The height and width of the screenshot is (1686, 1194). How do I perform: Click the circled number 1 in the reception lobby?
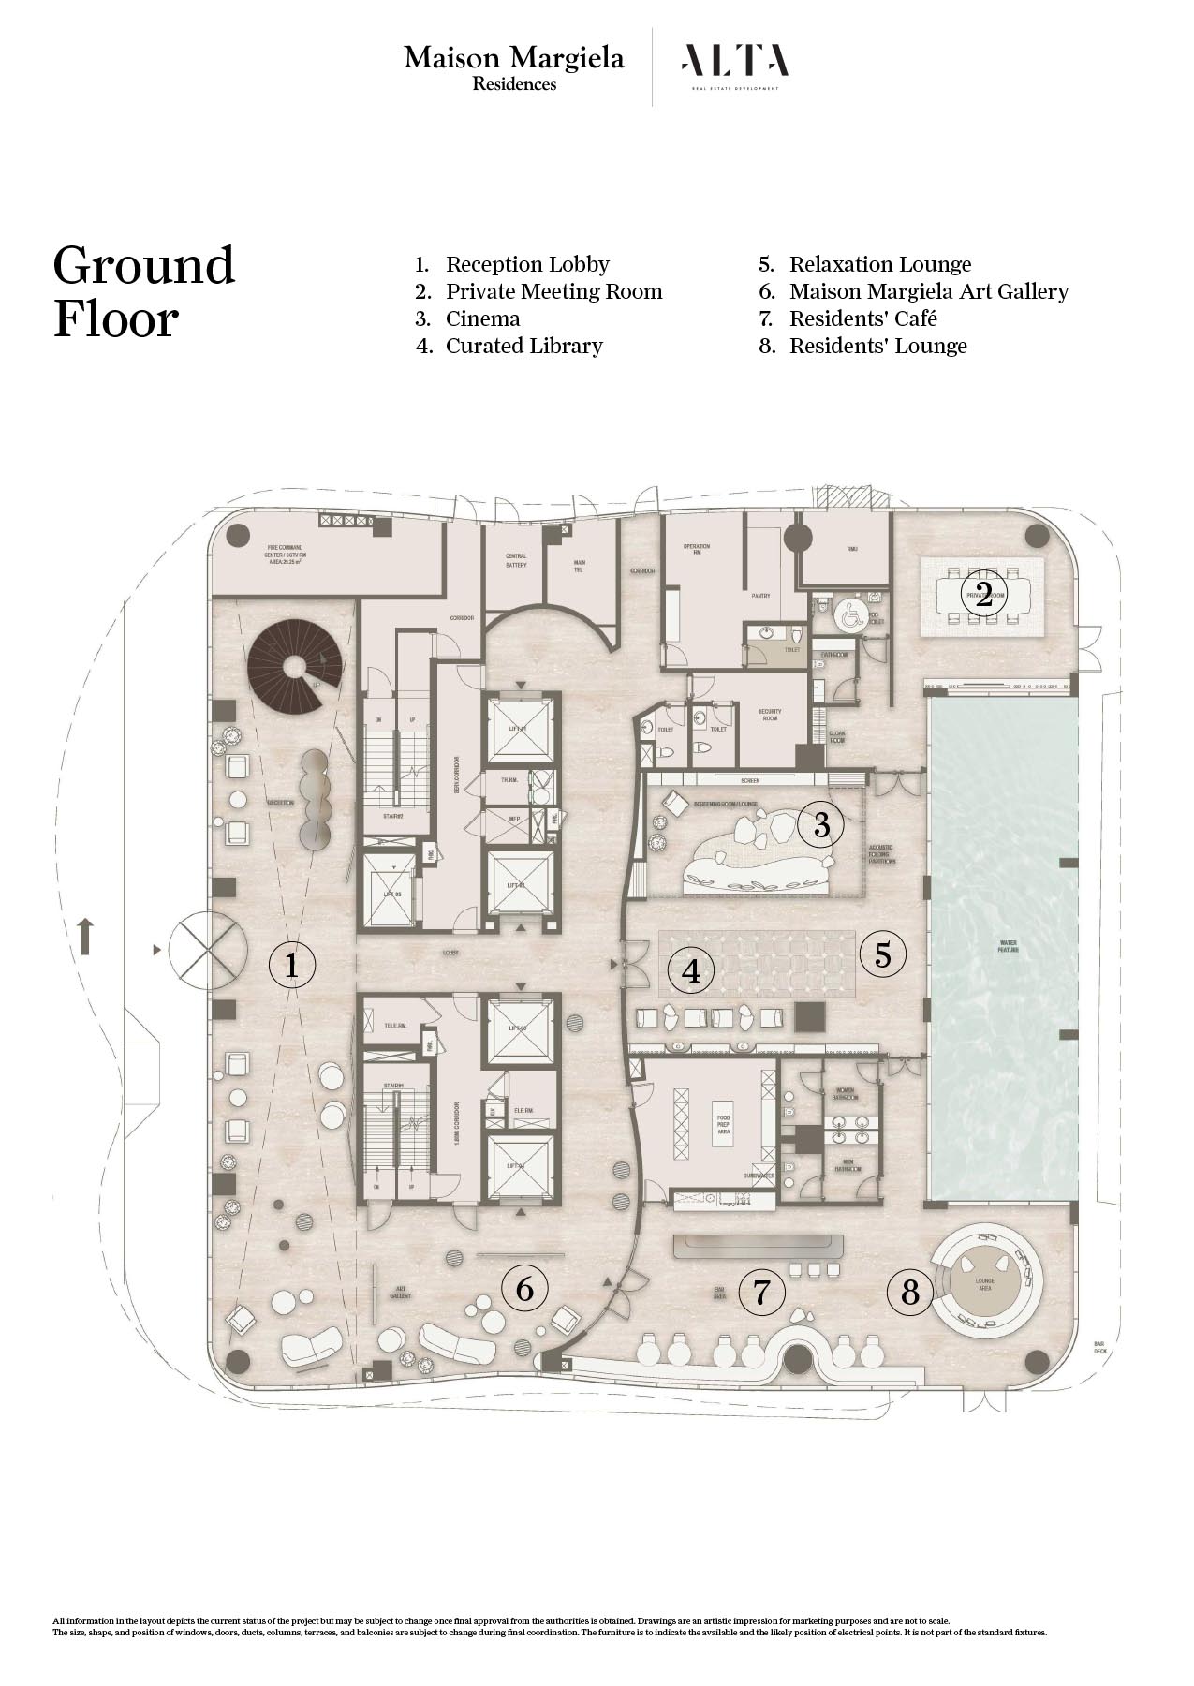point(291,964)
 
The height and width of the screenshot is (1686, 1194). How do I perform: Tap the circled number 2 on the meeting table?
point(983,594)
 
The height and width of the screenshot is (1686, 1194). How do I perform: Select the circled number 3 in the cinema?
point(821,824)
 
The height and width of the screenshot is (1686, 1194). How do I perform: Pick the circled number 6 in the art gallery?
point(524,1289)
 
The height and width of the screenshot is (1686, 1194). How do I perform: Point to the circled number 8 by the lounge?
point(910,1293)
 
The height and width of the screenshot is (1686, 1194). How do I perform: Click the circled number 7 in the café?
point(761,1293)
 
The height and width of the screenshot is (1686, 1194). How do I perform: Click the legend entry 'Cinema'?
point(482,318)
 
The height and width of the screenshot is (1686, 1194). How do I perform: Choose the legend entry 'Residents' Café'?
point(862,318)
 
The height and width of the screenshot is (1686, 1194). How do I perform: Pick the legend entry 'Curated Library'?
point(523,346)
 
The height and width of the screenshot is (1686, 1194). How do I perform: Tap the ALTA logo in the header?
point(735,64)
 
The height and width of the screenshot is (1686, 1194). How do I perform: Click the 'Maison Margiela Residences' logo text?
point(514,68)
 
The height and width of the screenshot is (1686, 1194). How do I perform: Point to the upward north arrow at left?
point(85,936)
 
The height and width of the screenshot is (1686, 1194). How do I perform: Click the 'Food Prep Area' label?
point(724,1124)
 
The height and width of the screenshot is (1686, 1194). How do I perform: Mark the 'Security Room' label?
point(770,715)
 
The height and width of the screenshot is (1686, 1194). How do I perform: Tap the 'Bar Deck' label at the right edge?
point(1100,1348)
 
